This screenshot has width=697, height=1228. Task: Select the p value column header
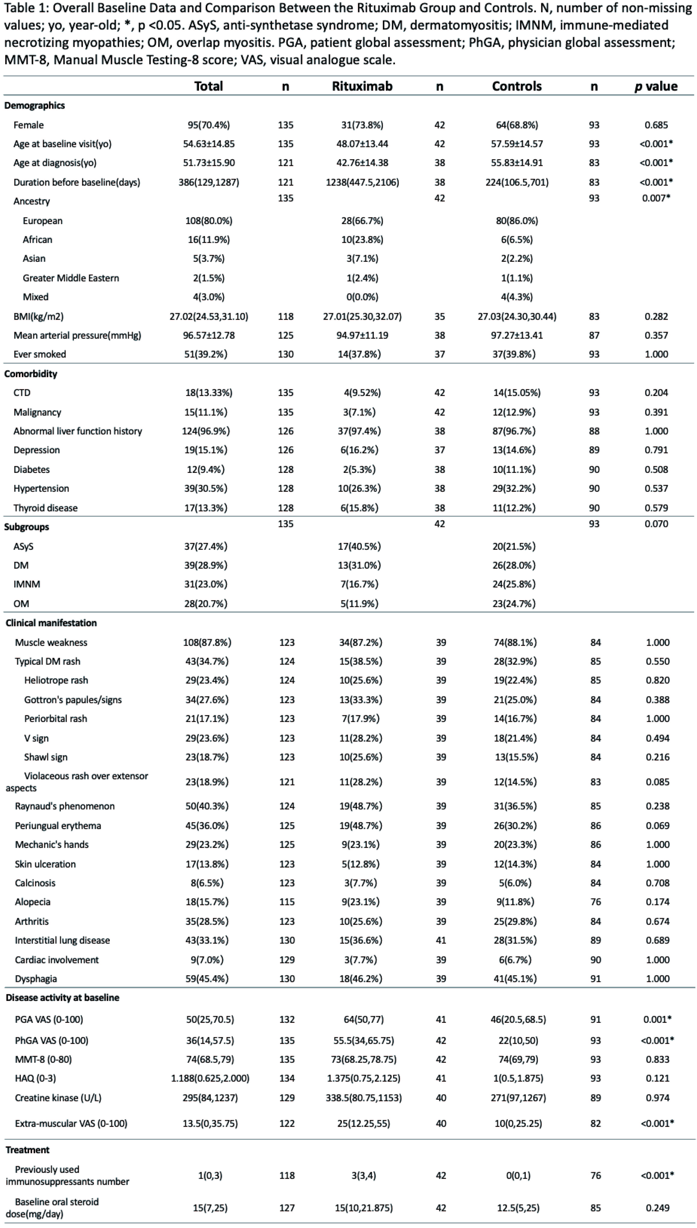(x=656, y=86)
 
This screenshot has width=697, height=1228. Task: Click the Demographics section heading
(x=35, y=105)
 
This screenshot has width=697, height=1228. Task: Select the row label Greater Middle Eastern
(x=71, y=278)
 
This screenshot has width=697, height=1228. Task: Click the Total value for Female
(x=209, y=125)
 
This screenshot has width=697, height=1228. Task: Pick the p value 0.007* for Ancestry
(x=656, y=198)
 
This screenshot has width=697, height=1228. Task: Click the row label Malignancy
(x=37, y=412)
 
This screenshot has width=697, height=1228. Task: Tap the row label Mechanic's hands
(x=52, y=845)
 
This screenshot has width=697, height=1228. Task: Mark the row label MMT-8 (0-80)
(x=43, y=1059)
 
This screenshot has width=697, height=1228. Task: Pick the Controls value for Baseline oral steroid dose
(x=518, y=1208)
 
